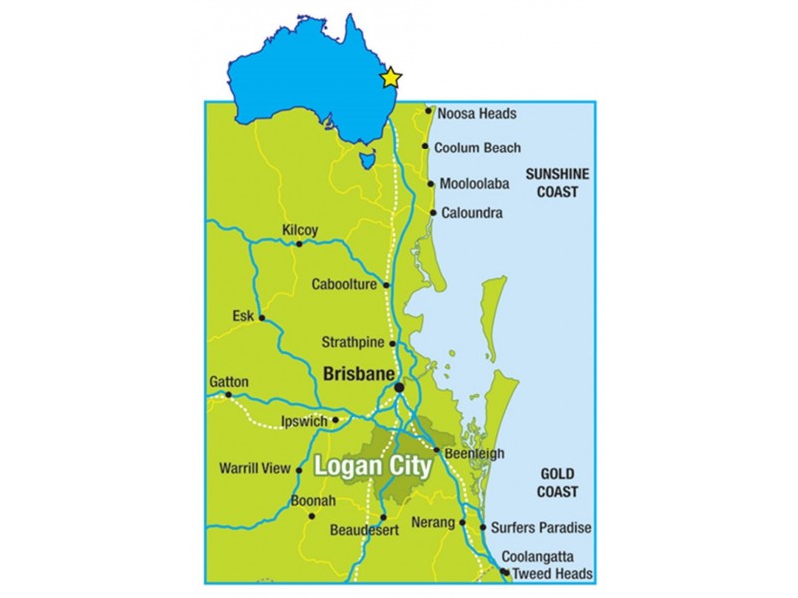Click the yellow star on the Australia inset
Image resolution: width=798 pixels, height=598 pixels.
[x=391, y=77]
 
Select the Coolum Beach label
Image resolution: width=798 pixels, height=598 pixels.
[x=477, y=148]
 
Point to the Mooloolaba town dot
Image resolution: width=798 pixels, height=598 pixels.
[x=430, y=184]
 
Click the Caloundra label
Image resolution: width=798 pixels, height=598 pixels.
[x=472, y=213]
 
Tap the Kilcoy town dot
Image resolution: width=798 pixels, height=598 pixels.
[x=298, y=243]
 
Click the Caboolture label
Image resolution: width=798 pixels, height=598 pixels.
[x=344, y=284]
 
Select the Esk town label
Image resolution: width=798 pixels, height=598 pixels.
[x=243, y=316]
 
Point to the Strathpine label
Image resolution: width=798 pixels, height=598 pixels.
[x=353, y=342]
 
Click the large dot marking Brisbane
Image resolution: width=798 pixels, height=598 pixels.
[x=399, y=387]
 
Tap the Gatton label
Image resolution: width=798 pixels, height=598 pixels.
[x=229, y=382]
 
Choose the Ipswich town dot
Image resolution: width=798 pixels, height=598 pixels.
[x=336, y=420]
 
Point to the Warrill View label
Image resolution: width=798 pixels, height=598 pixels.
[x=255, y=468]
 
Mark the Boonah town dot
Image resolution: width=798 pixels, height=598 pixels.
[x=312, y=516]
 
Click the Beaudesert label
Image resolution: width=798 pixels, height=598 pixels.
[x=364, y=531]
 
